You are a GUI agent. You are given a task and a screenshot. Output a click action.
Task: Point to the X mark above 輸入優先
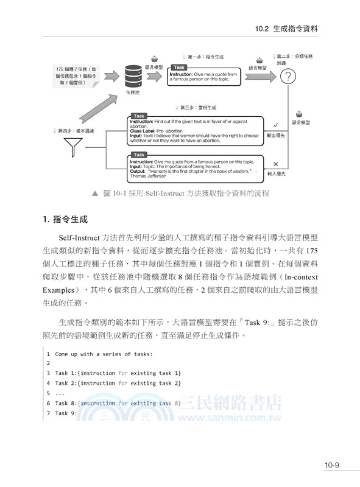[x=276, y=164]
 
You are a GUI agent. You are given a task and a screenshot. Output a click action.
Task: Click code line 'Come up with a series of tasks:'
[x=95, y=353]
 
